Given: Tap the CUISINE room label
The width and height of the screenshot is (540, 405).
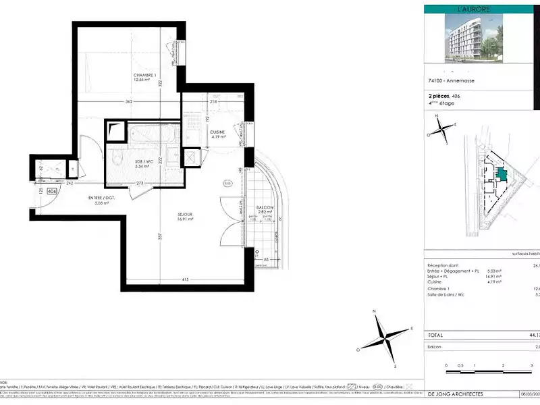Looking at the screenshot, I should [x=217, y=132].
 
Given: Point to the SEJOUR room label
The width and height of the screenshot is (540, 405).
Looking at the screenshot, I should [x=167, y=215].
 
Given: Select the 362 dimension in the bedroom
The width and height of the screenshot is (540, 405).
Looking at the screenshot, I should [x=129, y=102].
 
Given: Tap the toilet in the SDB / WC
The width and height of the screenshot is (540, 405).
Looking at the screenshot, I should [x=118, y=160].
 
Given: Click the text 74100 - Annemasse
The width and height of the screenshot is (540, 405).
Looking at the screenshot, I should [x=451, y=81].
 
